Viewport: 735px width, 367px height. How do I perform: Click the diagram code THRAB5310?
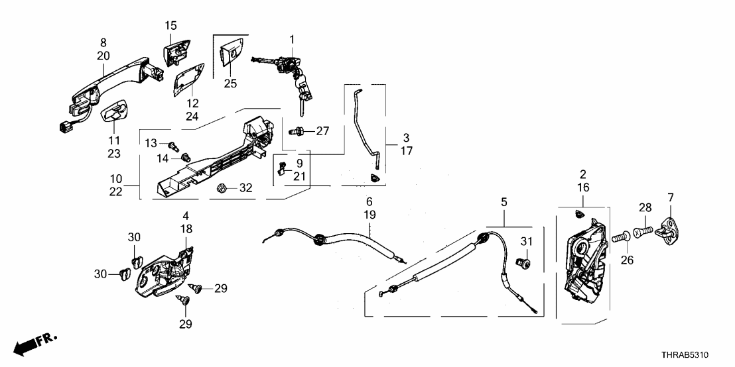693,355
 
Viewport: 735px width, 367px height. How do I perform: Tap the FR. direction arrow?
33,344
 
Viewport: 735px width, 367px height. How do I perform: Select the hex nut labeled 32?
224,189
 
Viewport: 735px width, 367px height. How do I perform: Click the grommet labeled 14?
186,157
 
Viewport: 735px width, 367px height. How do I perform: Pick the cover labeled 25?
232,52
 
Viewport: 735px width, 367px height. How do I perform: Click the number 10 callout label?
116,179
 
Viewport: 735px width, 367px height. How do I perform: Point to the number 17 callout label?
407,151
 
